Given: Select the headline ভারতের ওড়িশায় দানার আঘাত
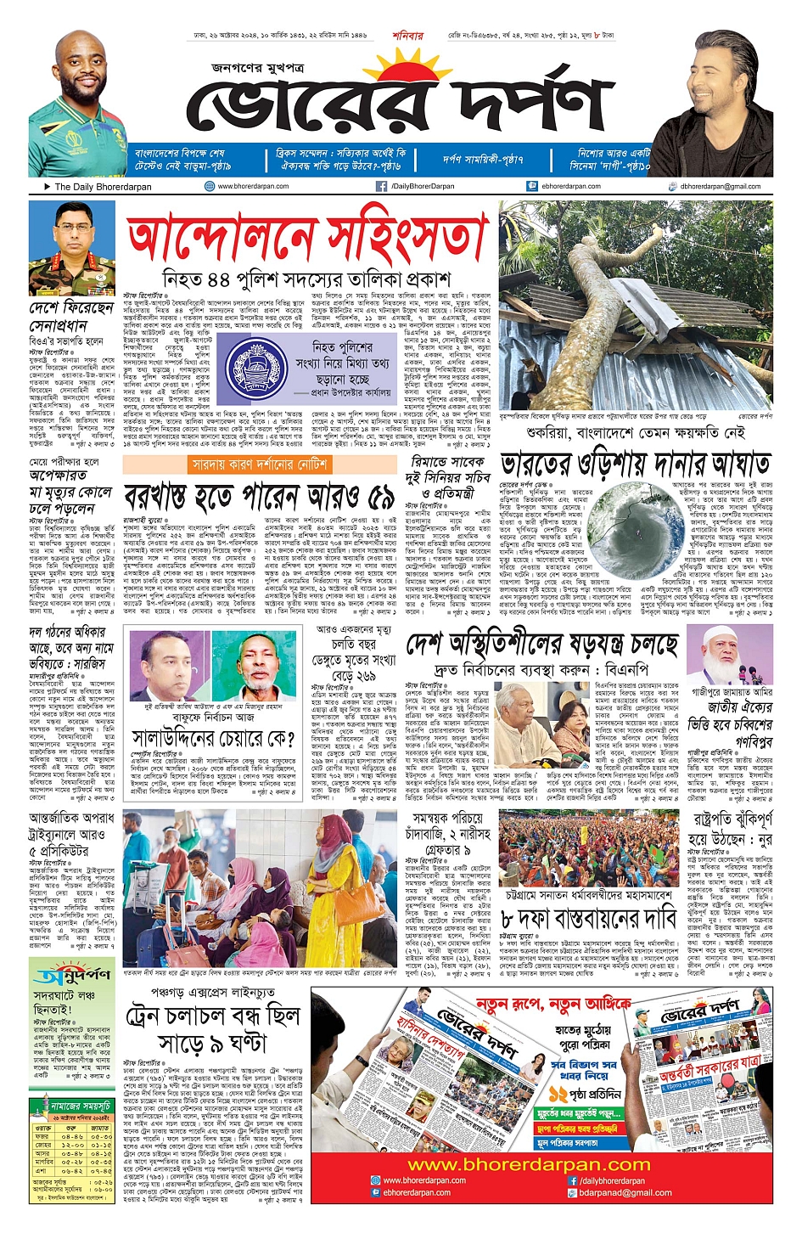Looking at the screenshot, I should (x=635, y=464).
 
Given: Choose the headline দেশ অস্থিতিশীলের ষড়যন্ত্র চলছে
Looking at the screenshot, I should (x=541, y=645).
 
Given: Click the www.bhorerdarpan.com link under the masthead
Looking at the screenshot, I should (x=253, y=186).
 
